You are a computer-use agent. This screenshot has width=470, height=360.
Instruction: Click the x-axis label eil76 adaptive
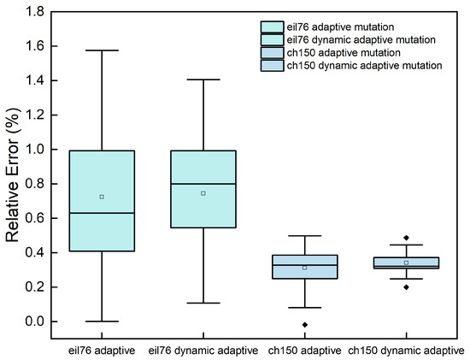click(x=102, y=351)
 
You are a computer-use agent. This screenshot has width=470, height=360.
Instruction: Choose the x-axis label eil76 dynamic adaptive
click(x=203, y=351)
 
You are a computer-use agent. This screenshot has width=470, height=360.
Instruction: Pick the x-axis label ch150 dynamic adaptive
click(x=407, y=351)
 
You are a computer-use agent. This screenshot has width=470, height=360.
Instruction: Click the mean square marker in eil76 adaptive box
click(x=102, y=197)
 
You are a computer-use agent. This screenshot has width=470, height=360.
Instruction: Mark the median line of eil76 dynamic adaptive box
click(x=203, y=184)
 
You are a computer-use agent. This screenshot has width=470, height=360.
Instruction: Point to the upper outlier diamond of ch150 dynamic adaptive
click(x=407, y=238)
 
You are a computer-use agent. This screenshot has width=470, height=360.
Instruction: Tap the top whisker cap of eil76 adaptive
click(x=102, y=50)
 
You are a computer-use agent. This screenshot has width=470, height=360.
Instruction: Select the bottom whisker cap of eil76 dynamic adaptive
click(x=203, y=303)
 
